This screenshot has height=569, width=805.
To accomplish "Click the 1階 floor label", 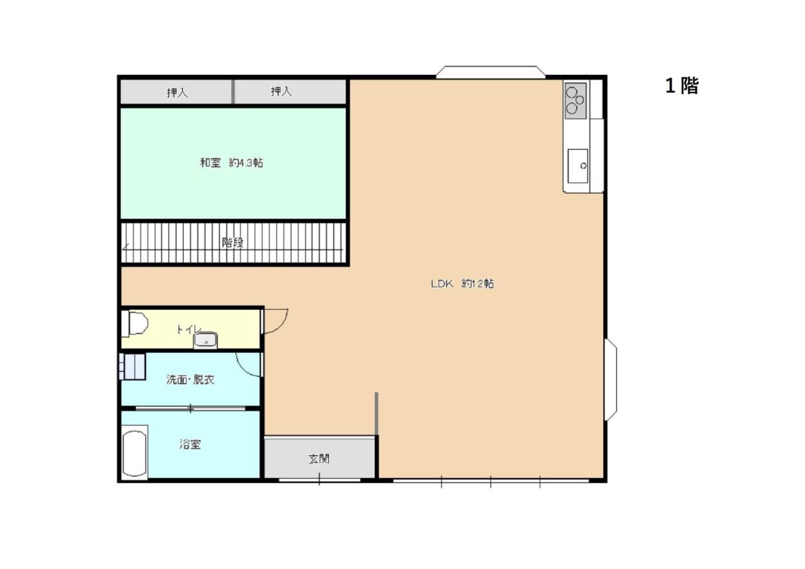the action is [x=681, y=86].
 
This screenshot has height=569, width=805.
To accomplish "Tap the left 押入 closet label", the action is [x=177, y=93].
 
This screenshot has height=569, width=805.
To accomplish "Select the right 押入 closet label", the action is [x=281, y=91].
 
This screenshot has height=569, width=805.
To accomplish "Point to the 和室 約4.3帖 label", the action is [x=231, y=163].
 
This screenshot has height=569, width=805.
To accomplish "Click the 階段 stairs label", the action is [x=233, y=243].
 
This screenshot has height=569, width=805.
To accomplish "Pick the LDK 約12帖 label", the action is [x=462, y=284].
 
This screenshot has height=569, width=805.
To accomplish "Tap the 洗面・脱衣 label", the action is [x=190, y=380].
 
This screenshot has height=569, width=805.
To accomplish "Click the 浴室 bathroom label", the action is [x=190, y=445].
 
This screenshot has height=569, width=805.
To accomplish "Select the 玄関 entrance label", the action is [x=319, y=459].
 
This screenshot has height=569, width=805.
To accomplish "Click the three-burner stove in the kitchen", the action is [x=575, y=101].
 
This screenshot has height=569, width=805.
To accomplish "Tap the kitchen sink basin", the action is [x=578, y=166].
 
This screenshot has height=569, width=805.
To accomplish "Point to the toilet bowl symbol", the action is [x=135, y=324].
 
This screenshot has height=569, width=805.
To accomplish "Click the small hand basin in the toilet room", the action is [x=205, y=340].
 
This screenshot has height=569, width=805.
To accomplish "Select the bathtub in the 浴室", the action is [x=135, y=453].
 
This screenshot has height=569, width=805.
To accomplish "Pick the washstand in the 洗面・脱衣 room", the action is [x=132, y=367].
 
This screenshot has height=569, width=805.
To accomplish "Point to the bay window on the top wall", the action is [x=491, y=72].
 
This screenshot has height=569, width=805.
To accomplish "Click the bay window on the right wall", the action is [x=611, y=379].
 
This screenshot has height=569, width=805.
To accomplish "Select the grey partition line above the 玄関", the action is [x=376, y=414].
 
